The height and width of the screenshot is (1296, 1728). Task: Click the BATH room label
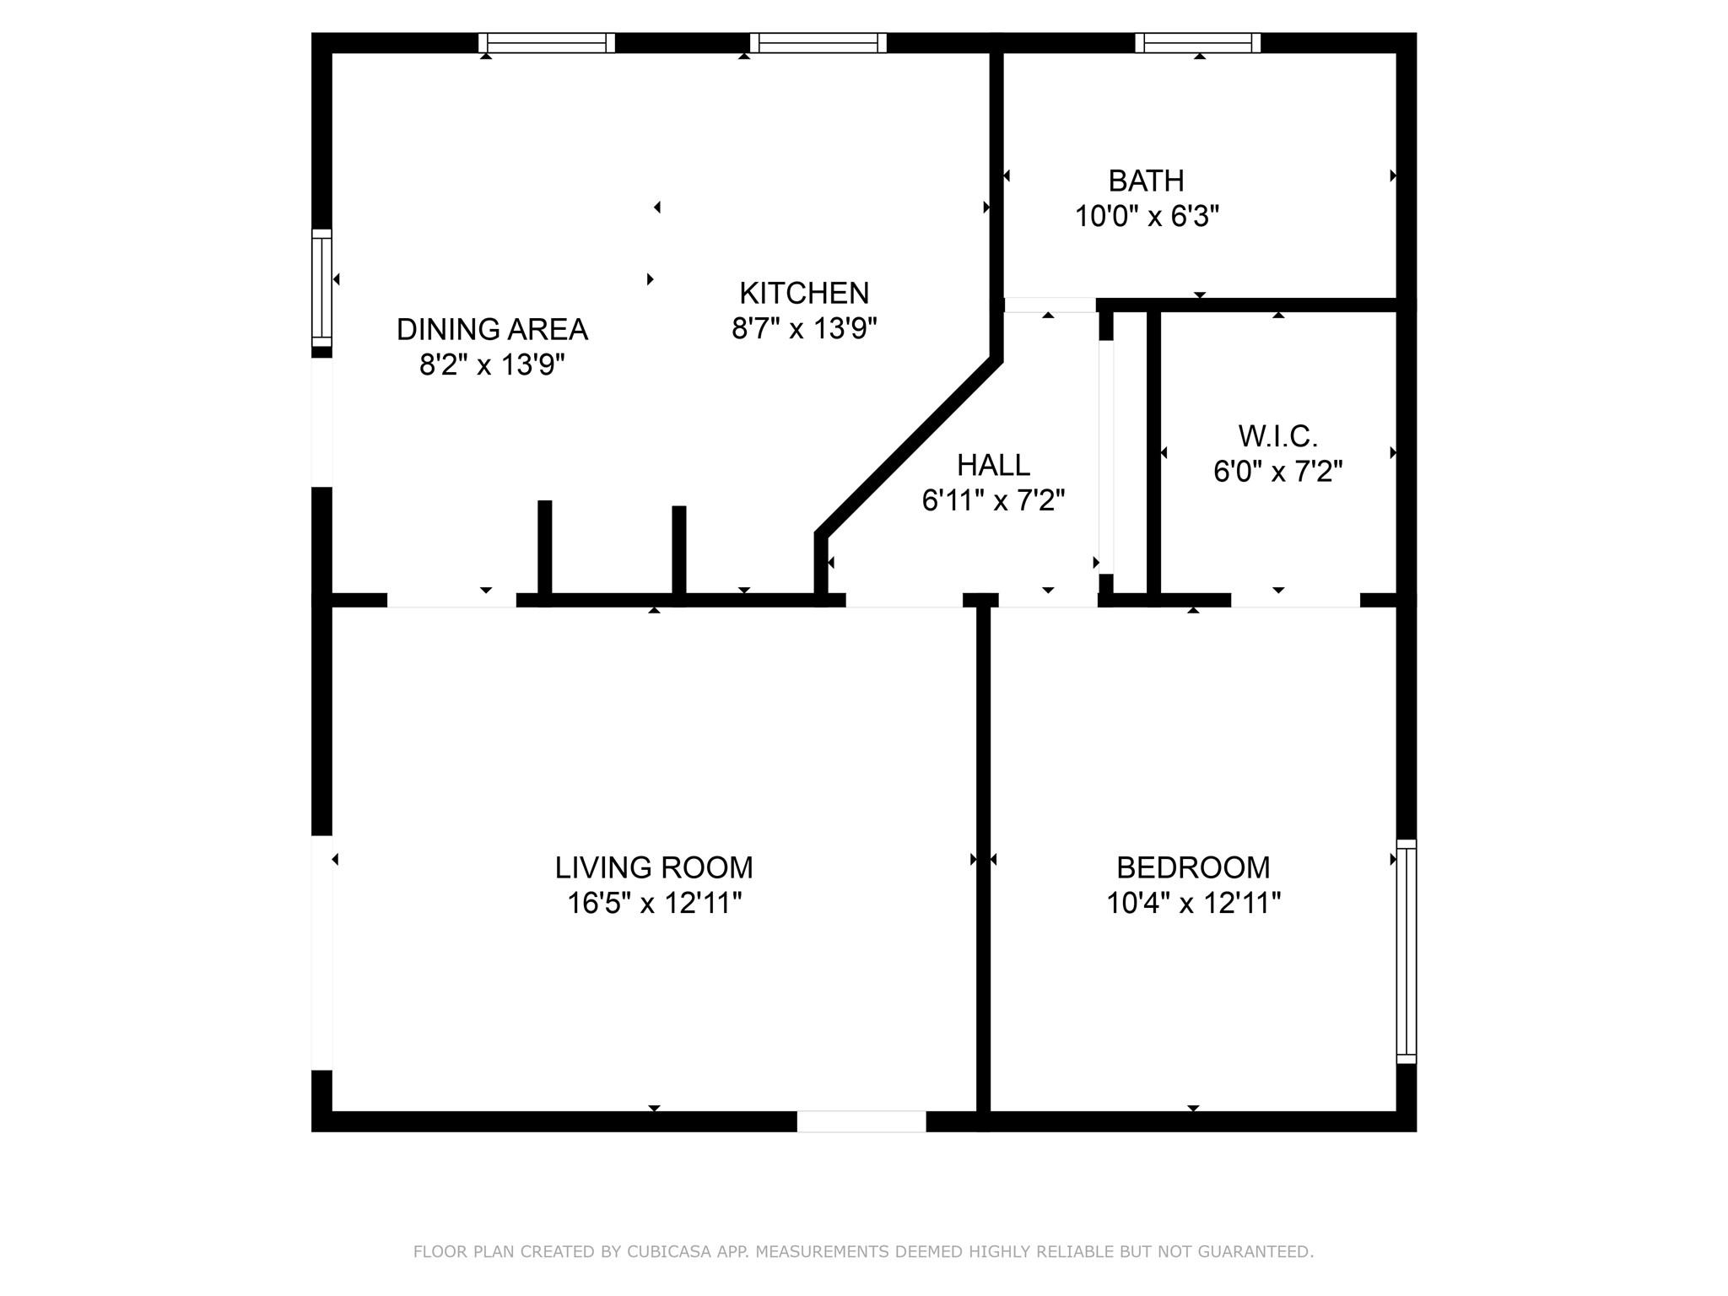(x=1145, y=181)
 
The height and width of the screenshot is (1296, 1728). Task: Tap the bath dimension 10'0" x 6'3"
(x=1147, y=217)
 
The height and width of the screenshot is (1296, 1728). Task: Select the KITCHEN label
(x=803, y=293)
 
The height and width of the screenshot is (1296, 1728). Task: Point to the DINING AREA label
(x=492, y=329)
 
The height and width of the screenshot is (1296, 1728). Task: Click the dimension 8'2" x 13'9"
(x=492, y=365)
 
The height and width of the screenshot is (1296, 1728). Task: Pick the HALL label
(x=993, y=465)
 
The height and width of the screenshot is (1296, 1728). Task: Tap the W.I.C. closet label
(x=1277, y=436)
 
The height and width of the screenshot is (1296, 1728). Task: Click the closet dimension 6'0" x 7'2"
(x=1277, y=472)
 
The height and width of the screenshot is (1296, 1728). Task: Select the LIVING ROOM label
(x=653, y=867)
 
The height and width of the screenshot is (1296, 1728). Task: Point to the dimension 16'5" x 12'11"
(x=654, y=904)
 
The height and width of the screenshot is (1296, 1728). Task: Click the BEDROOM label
(x=1192, y=867)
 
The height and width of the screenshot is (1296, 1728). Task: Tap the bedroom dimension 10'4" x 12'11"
(x=1193, y=904)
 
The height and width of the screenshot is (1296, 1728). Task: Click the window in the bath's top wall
(x=1197, y=42)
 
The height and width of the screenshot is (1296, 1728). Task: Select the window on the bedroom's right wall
(x=1406, y=951)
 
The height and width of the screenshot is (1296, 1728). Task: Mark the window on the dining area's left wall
(x=321, y=288)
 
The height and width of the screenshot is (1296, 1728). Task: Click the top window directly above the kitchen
(x=818, y=42)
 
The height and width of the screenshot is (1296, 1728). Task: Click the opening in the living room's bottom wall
(x=861, y=1121)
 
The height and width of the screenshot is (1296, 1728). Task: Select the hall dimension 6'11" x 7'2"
(x=993, y=501)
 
